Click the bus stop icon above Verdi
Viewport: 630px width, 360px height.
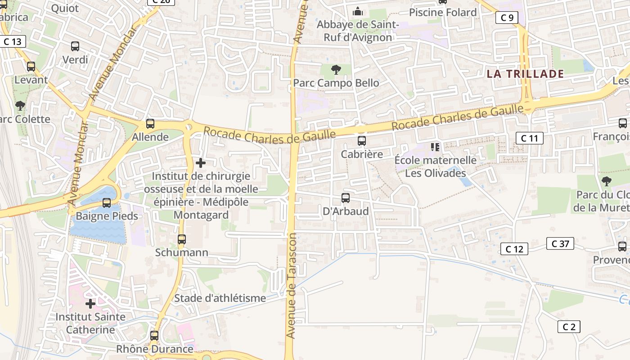(x=75, y=46)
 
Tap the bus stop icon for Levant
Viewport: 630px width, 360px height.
(x=31, y=67)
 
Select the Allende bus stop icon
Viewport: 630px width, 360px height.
(x=150, y=124)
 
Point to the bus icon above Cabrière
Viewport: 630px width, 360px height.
(x=362, y=141)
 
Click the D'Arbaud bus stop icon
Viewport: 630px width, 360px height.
(x=346, y=198)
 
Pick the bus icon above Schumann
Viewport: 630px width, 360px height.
(x=182, y=239)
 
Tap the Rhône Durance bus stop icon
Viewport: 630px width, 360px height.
(x=154, y=336)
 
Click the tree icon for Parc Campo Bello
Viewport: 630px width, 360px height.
(x=336, y=70)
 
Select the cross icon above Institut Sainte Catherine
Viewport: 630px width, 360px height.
(x=90, y=304)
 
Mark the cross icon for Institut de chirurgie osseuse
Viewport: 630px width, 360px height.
(x=201, y=163)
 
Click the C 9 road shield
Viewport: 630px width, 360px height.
(x=507, y=18)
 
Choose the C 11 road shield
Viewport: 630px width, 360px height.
(x=529, y=138)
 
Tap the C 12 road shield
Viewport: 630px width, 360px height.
(x=514, y=249)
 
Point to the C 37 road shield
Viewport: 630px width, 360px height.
(x=560, y=243)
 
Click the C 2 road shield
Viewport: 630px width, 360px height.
(x=569, y=327)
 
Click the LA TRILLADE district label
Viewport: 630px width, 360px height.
(x=525, y=74)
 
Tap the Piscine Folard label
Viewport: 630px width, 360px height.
(x=443, y=13)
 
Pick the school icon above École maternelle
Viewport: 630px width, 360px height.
(x=435, y=147)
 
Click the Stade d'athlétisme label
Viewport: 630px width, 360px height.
(x=220, y=298)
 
